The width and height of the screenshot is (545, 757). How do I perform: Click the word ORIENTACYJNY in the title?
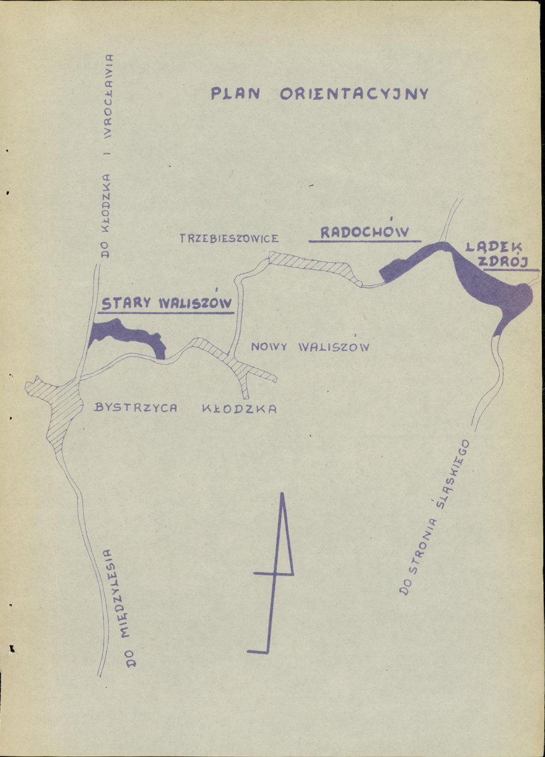coord(354,94)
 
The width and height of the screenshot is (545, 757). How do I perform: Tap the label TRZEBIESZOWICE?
coord(229,239)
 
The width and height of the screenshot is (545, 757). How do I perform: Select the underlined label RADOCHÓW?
coord(364,232)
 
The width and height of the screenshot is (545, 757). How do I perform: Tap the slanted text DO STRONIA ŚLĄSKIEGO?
coord(436,515)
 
